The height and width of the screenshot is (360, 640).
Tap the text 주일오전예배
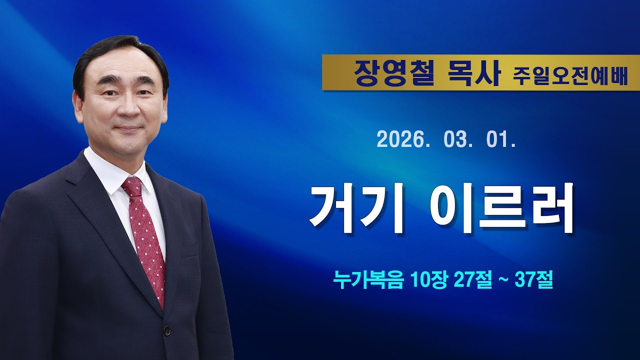point(569,76)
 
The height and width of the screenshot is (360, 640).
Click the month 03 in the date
point(454,140)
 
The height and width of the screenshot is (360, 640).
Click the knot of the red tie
point(133,187)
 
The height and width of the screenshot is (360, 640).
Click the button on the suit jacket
point(166,330)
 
